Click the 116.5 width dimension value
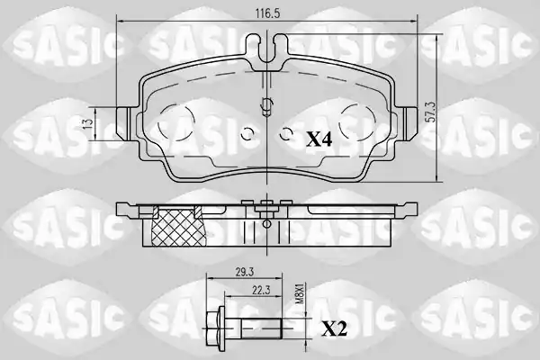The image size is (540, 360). point(267,13)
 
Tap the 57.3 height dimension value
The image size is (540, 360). point(430,112)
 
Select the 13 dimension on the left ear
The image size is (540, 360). point(88,123)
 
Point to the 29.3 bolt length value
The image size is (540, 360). point(245,273)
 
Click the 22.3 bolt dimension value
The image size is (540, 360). point(261,291)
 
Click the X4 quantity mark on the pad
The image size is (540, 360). point(319,139)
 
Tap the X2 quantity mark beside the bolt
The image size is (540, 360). point(334,328)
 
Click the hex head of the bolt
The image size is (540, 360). point(215,328)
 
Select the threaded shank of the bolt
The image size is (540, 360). point(261,328)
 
